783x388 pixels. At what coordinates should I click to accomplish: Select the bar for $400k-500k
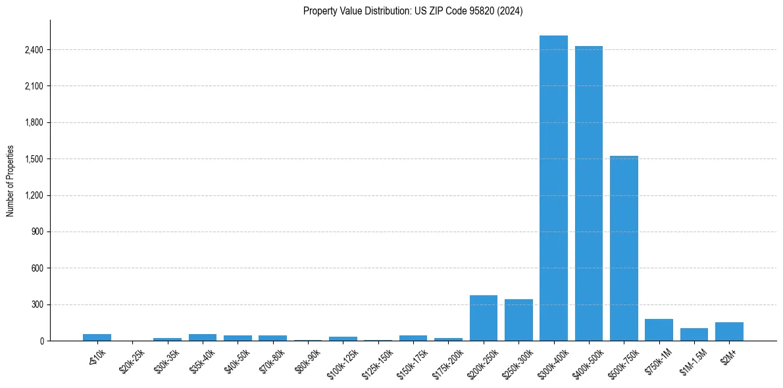[x=588, y=193]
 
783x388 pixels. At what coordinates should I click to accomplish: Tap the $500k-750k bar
[x=624, y=249]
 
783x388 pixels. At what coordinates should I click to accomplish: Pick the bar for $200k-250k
[x=483, y=318]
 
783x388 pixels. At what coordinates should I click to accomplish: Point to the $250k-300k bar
[x=518, y=320]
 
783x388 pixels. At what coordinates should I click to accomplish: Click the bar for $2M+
[x=729, y=331]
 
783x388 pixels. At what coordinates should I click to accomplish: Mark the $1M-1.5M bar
[x=694, y=335]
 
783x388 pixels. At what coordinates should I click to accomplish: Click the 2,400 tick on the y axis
[x=34, y=50]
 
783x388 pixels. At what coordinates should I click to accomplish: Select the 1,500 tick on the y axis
[x=34, y=159]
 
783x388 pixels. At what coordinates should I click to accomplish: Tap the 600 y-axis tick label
[x=37, y=268]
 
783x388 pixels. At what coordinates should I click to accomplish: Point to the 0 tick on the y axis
[x=41, y=341]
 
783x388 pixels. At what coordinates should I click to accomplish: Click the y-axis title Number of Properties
[x=10, y=180]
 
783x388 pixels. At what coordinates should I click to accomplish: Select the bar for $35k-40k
[x=202, y=337]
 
